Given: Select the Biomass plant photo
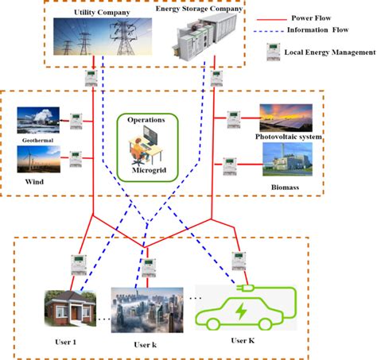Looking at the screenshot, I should (289, 159).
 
